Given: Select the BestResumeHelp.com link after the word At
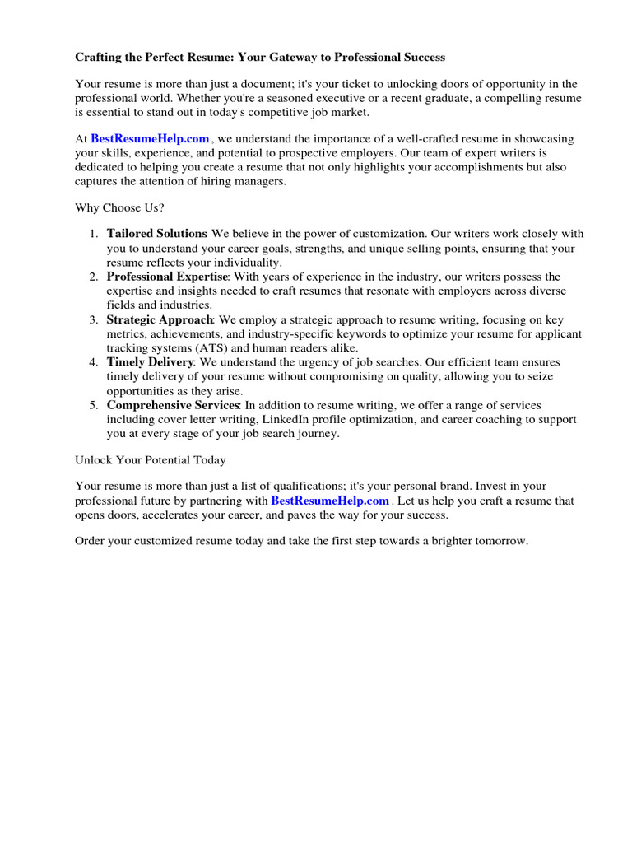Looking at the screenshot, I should (x=150, y=139).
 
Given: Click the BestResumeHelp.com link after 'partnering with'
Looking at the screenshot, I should (x=330, y=501).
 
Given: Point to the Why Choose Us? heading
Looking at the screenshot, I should (x=120, y=207).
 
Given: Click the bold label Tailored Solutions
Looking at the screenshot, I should (x=156, y=234).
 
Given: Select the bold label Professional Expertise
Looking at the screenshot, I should (x=167, y=277).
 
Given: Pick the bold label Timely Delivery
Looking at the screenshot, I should (x=150, y=362).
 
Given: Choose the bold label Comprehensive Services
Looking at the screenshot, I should (x=173, y=405).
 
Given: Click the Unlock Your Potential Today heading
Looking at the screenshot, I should (x=151, y=459).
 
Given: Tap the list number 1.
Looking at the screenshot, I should (x=94, y=234).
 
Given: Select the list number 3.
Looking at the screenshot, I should (x=94, y=319).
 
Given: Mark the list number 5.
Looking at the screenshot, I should (x=94, y=405).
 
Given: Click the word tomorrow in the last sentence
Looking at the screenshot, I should (x=496, y=541).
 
